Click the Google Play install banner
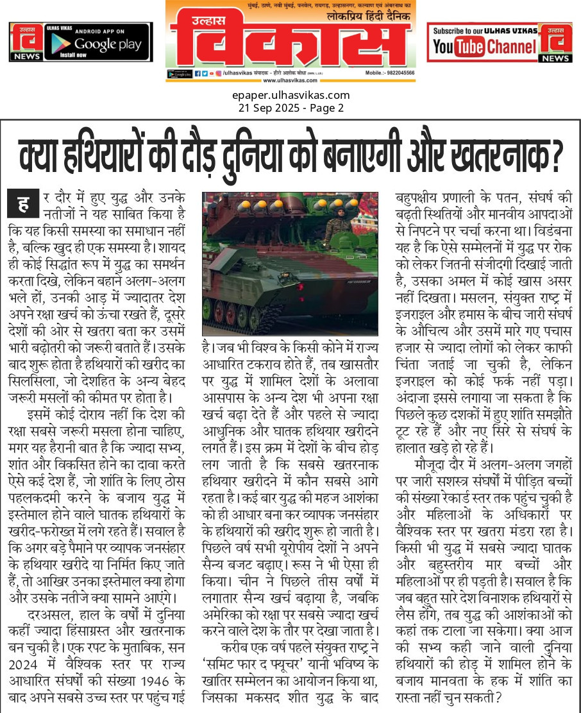point(81,42)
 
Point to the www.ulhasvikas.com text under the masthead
point(290,81)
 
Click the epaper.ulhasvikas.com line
point(290,96)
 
